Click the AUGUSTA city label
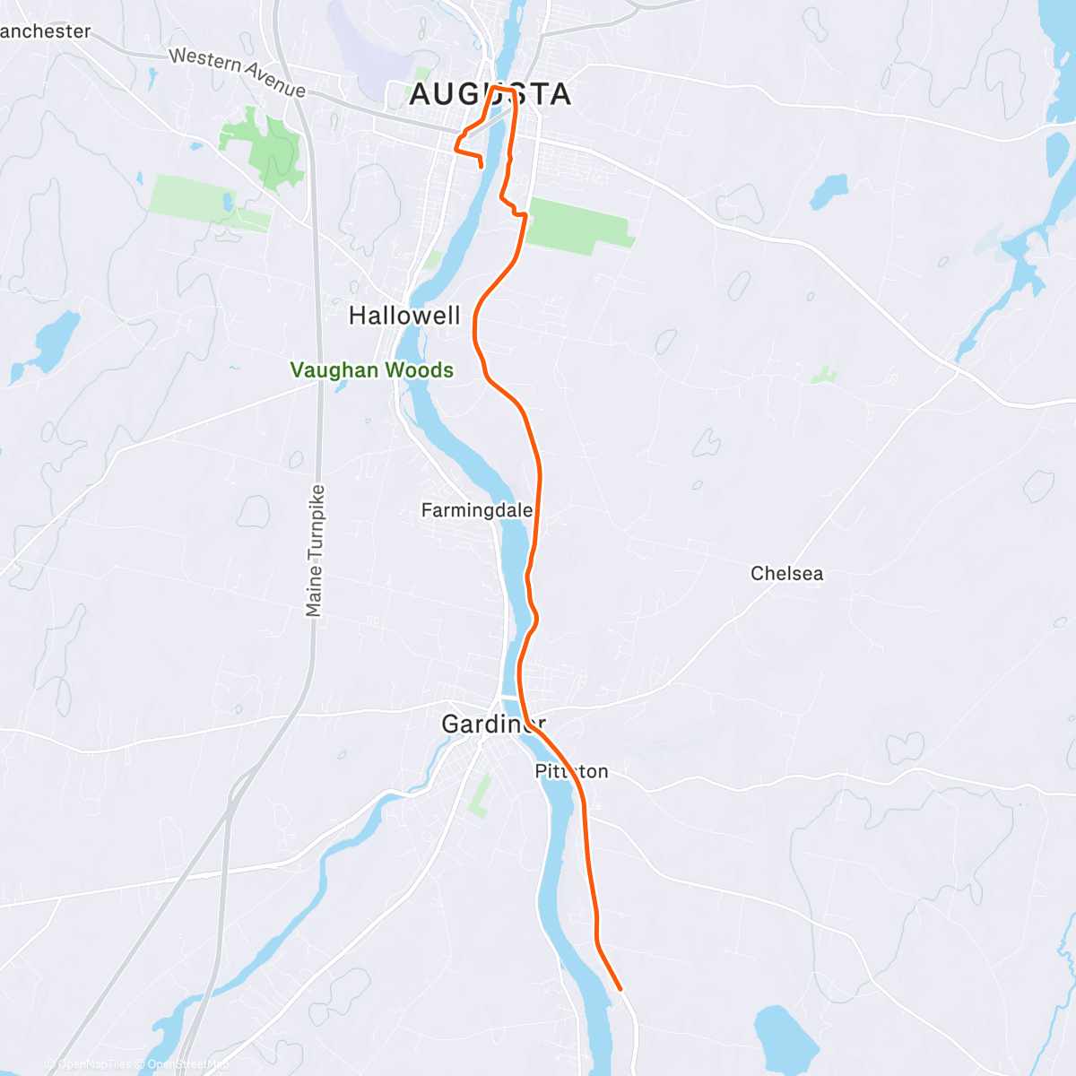pos(490,94)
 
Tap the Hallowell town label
pos(404,316)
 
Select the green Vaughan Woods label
pos(371,370)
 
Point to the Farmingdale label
pos(476,510)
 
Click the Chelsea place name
pos(786,574)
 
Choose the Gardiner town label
pos(493,724)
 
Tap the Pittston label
pos(571,771)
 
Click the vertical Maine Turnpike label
pos(314,551)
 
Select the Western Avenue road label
pos(238,72)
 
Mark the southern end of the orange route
pos(620,990)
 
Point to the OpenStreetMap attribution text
pos(188,1064)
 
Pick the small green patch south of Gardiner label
pos(481,796)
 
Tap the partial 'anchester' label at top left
pos(45,31)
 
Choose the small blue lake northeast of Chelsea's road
pos(829,190)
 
